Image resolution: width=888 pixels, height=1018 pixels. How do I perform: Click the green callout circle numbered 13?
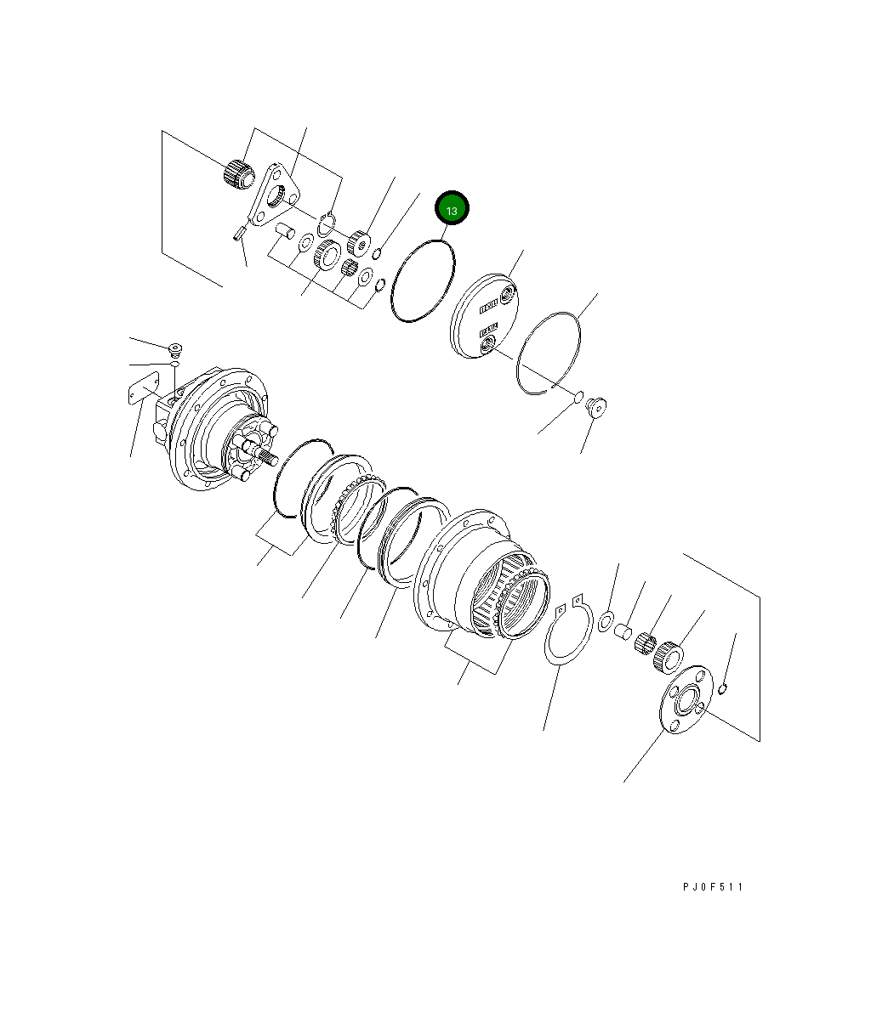(452, 210)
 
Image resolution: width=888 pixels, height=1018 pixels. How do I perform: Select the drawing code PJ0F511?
(713, 887)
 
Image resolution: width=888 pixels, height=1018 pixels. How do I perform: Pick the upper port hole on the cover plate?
(508, 295)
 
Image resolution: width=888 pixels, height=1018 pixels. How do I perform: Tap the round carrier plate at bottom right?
(684, 698)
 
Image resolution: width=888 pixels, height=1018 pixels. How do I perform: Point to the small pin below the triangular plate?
(239, 230)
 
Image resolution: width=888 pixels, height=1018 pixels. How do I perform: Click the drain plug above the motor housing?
(176, 349)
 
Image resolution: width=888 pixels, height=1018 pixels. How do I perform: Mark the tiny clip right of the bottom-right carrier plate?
(722, 688)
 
